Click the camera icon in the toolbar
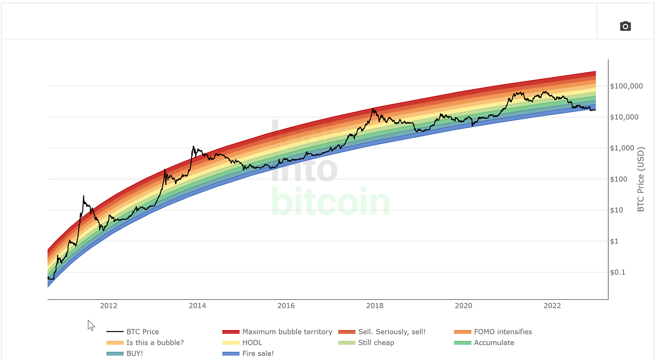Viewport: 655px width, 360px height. (x=625, y=26)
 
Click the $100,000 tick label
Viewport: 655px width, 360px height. (x=626, y=86)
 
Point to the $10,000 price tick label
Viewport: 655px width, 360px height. (x=624, y=117)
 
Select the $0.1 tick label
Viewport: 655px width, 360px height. (x=617, y=272)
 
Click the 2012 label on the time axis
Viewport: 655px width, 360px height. (x=109, y=306)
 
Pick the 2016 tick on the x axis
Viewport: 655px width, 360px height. (x=286, y=306)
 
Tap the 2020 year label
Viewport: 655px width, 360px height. (x=464, y=306)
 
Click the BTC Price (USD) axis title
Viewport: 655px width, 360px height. (x=640, y=179)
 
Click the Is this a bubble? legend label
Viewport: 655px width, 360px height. (x=155, y=342)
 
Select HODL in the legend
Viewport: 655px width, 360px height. (x=252, y=342)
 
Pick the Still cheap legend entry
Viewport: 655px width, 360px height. (x=376, y=342)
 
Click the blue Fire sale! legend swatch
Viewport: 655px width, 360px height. (x=231, y=353)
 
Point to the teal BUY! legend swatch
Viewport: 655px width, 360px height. (x=115, y=353)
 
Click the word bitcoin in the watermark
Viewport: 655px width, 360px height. (x=330, y=202)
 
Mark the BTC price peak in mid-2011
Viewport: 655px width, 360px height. (x=83, y=196)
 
